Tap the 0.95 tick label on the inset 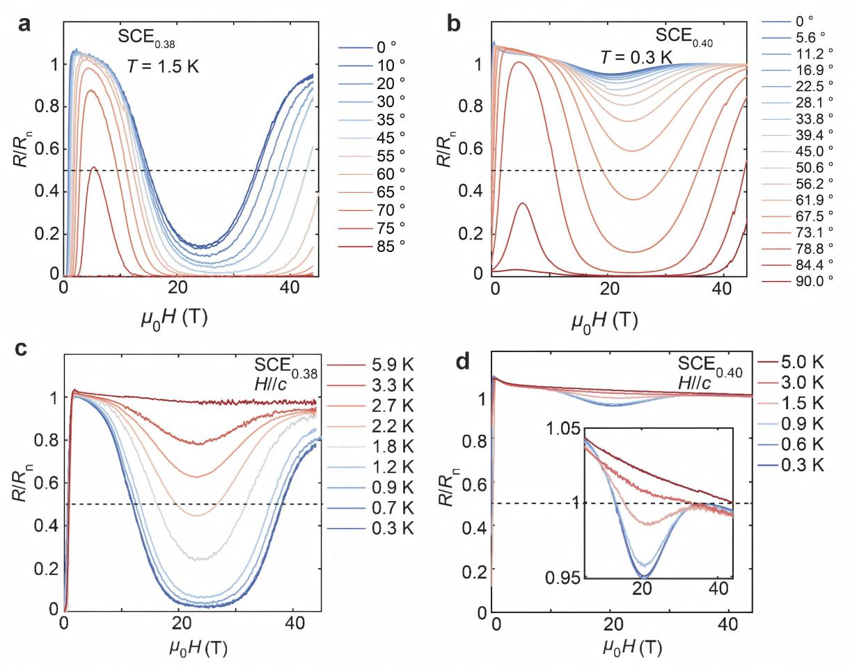pos(567,577)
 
